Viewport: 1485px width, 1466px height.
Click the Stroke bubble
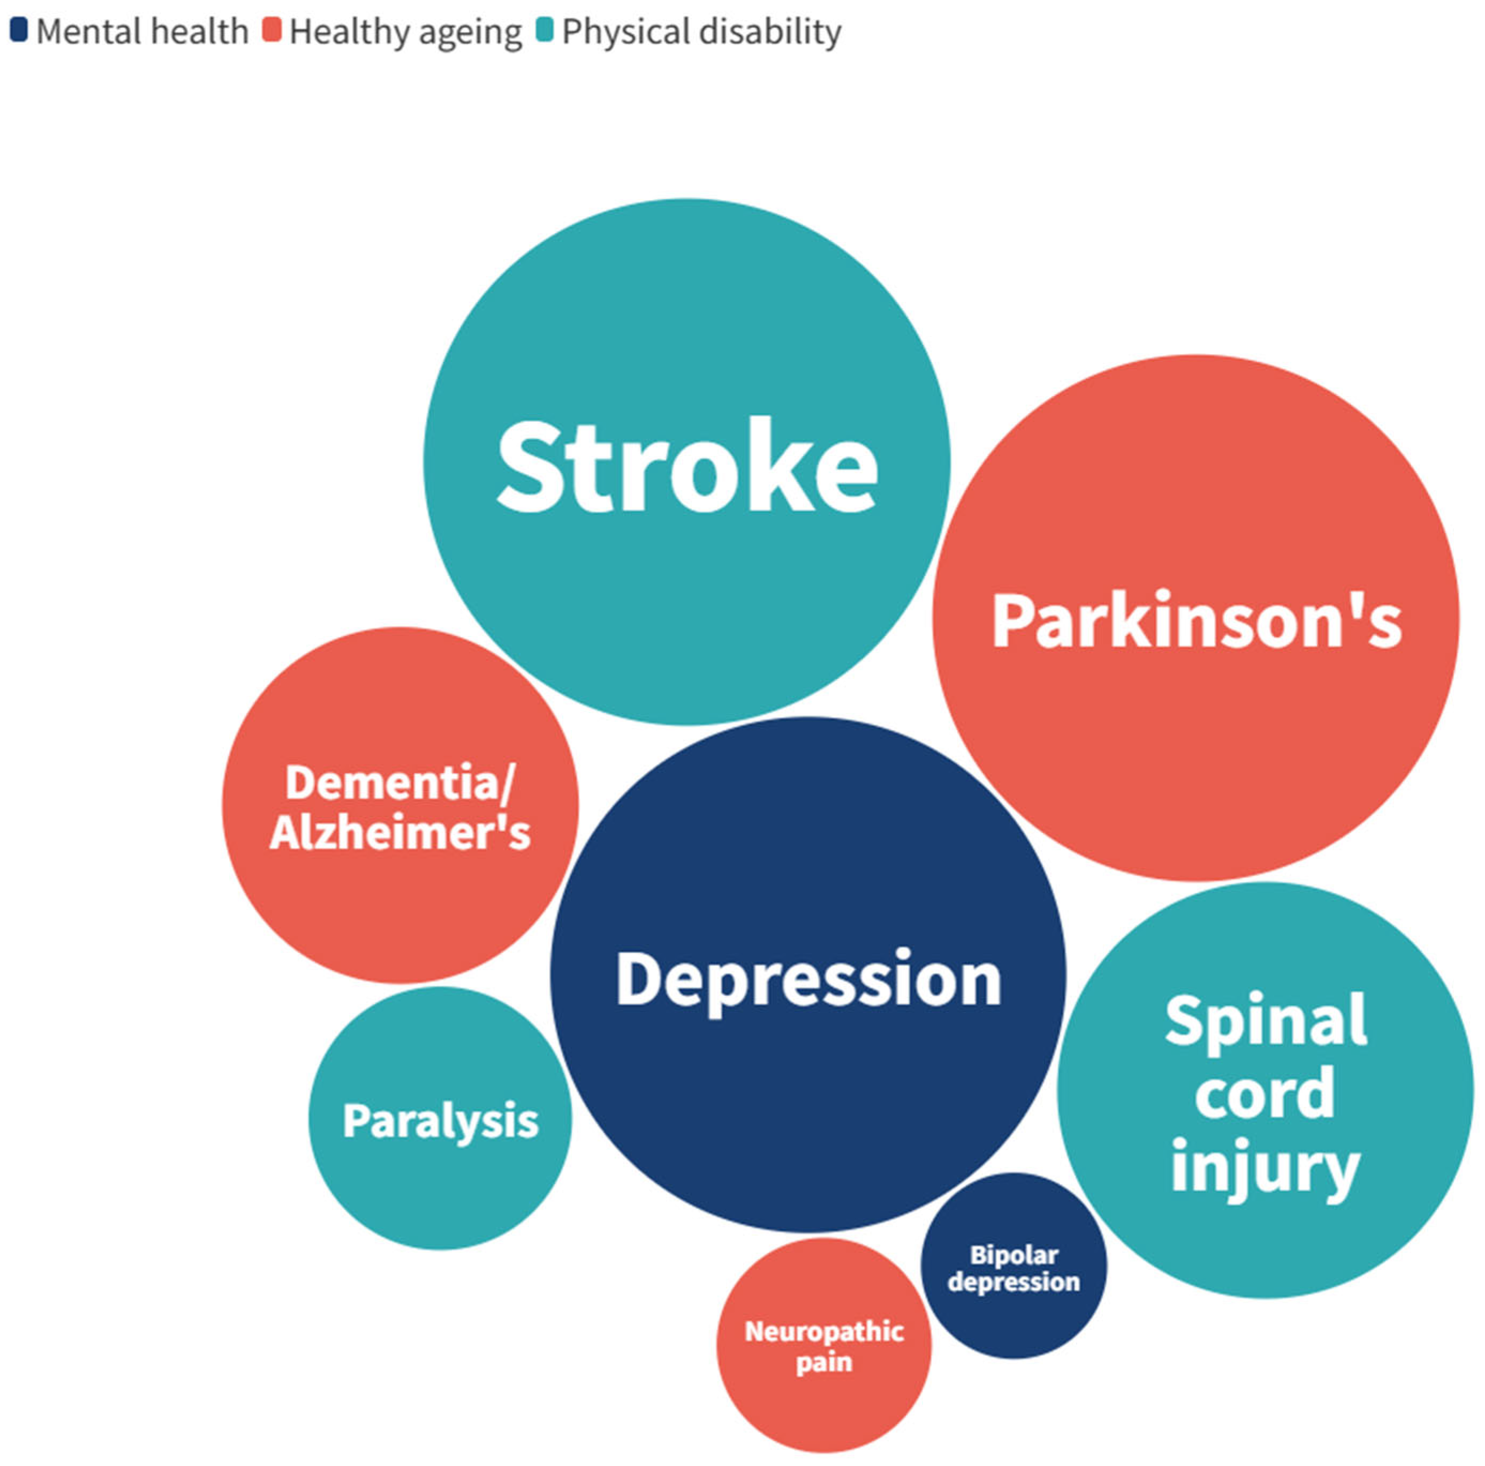[687, 461]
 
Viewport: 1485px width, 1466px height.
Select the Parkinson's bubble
[1195, 617]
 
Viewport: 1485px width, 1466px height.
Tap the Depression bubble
[808, 975]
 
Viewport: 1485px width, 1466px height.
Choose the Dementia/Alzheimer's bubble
[400, 805]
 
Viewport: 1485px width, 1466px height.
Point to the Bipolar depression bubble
[1014, 1266]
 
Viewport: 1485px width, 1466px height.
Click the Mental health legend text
[142, 32]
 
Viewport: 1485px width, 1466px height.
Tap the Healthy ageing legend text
[406, 32]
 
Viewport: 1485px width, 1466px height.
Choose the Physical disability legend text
[702, 32]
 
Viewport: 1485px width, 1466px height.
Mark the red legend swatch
[271, 30]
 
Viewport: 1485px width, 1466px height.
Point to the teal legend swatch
[544, 30]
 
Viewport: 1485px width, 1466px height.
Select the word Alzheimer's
[400, 832]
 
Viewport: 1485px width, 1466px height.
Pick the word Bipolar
[1014, 1255]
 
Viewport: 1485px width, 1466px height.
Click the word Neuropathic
[824, 1331]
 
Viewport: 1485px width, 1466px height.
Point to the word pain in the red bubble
[824, 1362]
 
